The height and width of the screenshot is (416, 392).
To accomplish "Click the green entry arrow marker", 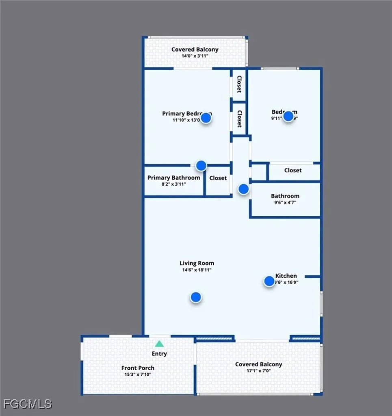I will [160, 344].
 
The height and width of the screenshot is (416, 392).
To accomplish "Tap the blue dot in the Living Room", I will [196, 297].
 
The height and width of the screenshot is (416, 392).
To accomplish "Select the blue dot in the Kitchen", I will [269, 281].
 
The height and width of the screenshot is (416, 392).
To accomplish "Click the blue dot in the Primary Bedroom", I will [206, 118].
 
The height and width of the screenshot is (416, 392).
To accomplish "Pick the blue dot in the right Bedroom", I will [288, 116].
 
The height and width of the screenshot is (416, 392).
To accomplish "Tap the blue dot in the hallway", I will [243, 189].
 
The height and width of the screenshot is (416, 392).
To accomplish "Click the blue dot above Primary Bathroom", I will [201, 165].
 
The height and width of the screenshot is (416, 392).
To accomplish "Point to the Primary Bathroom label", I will [173, 178].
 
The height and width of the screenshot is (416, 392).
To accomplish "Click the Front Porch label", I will [138, 368].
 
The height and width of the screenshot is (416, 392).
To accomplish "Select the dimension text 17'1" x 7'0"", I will [258, 371].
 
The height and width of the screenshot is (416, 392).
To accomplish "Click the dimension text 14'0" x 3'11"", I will [195, 56].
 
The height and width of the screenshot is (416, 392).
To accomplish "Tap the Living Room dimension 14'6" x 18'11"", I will [197, 270].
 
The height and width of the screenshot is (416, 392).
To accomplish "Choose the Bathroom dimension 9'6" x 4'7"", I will [285, 202].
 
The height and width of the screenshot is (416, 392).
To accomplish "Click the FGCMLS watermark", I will [28, 404].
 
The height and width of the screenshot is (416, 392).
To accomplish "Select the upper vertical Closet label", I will [239, 84].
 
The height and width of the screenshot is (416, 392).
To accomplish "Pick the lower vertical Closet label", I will [239, 119].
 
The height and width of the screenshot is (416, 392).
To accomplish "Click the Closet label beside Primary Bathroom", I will [218, 178].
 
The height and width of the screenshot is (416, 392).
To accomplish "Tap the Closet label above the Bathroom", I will [292, 170].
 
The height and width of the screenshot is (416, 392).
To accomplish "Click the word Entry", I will [159, 354].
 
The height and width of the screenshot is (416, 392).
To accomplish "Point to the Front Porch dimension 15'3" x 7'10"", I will [138, 375].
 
